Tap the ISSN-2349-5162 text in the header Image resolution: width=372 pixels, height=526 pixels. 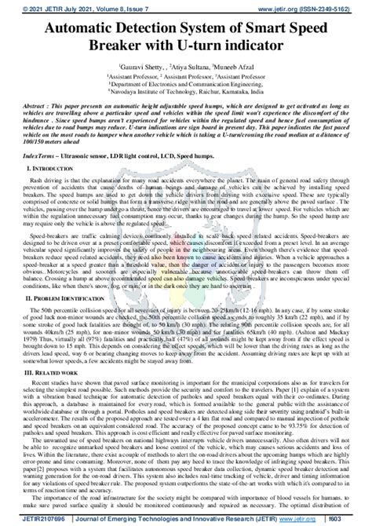[332, 5]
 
